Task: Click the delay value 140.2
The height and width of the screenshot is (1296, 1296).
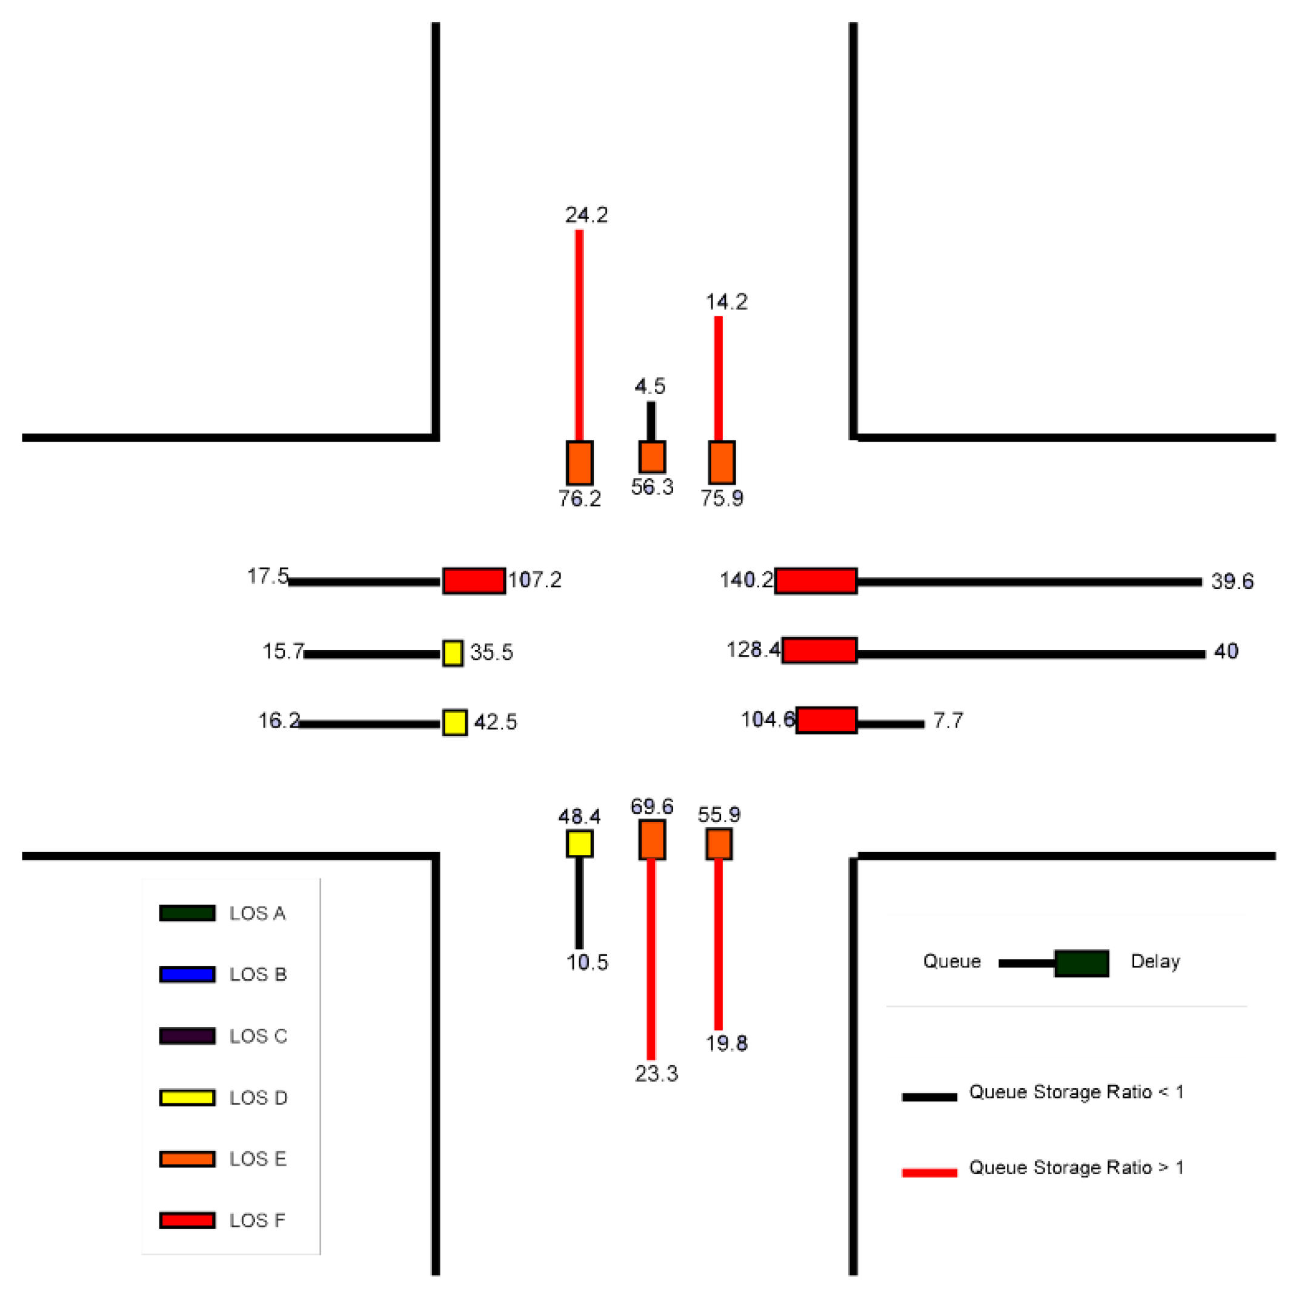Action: (x=746, y=580)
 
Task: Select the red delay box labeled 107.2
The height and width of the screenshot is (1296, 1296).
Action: (x=474, y=581)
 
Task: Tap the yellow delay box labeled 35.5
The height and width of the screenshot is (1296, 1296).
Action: (x=453, y=653)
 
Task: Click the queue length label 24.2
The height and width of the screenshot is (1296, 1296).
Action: (x=587, y=215)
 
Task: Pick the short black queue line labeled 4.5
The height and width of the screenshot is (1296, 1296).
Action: (x=651, y=420)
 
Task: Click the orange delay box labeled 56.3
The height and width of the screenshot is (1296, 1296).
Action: (x=652, y=457)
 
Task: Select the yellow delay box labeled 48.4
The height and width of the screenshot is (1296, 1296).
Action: (x=580, y=843)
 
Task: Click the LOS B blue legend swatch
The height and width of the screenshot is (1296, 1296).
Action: (x=187, y=974)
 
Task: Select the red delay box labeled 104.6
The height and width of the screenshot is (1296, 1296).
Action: (x=826, y=720)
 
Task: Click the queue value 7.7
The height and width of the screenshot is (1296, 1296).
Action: (x=948, y=721)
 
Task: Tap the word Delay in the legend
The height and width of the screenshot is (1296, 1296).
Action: (x=1155, y=962)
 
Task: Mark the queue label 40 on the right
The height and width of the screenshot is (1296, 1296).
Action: (x=1226, y=651)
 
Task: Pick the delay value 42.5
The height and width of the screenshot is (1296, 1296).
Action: (x=496, y=722)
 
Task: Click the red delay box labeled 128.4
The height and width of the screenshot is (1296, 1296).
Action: (x=819, y=650)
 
